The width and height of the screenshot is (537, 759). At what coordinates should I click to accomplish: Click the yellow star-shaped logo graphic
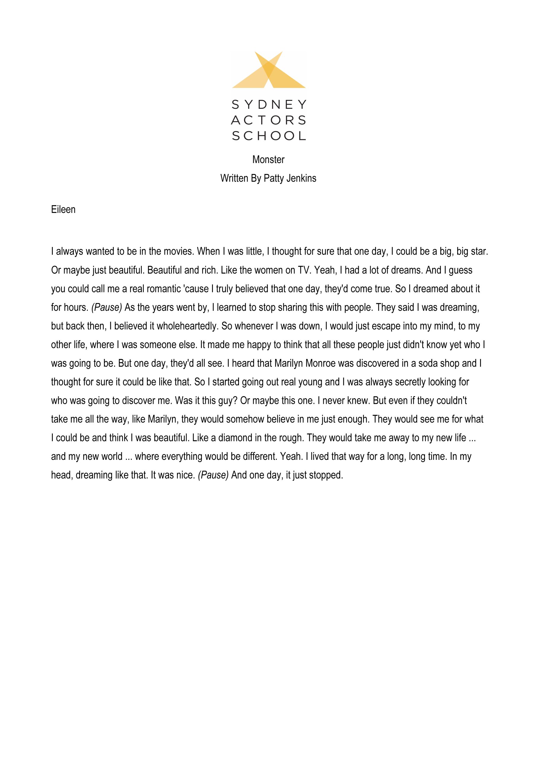tap(269, 70)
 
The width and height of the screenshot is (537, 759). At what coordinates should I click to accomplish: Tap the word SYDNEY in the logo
tap(269, 105)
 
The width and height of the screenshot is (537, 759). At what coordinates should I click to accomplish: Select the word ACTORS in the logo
tap(269, 120)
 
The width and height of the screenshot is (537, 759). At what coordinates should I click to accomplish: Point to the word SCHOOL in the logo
tap(269, 136)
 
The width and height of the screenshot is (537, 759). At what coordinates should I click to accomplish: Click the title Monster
tap(268, 160)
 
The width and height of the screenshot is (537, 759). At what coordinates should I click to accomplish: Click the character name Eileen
tap(63, 210)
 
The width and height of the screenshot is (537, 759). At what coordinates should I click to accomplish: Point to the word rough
tap(292, 438)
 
